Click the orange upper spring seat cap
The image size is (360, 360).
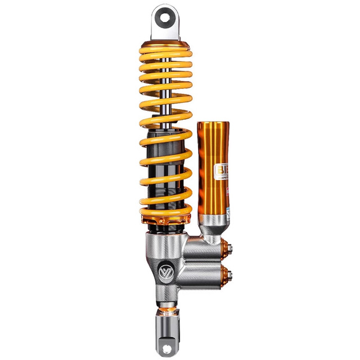point(165,44)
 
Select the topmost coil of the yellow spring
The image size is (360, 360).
point(166,55)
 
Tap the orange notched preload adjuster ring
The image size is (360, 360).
point(165,215)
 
